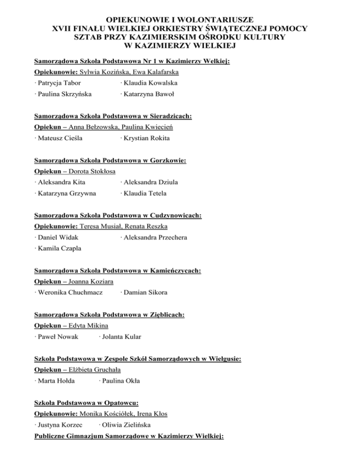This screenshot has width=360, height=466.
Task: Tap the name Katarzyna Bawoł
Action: point(148,94)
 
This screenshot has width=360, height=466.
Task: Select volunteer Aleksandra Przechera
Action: point(155,238)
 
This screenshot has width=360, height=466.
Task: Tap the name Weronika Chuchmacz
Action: point(67,293)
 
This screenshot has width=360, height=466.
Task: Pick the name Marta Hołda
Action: point(56,381)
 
